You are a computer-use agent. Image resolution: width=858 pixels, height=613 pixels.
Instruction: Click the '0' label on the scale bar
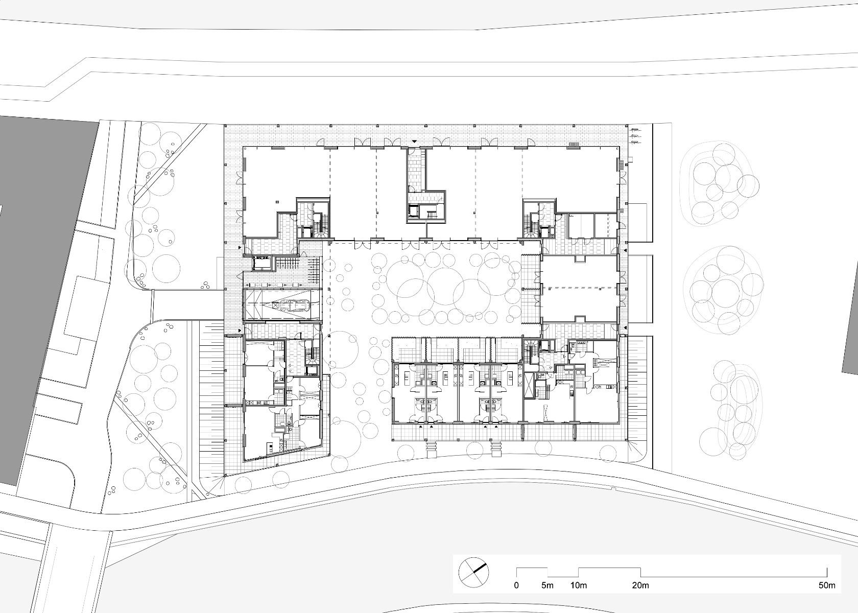516,585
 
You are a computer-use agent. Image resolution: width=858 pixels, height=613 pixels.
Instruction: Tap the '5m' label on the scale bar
547,585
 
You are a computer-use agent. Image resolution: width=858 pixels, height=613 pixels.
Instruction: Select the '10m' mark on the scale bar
579,585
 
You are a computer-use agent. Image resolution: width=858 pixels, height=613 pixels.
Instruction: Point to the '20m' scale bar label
640,585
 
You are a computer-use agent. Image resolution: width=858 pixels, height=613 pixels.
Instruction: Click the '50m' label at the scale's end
827,585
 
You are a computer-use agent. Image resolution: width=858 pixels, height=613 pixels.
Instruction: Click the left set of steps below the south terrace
432,449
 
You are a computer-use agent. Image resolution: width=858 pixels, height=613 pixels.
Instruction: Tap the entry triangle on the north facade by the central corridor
415,141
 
